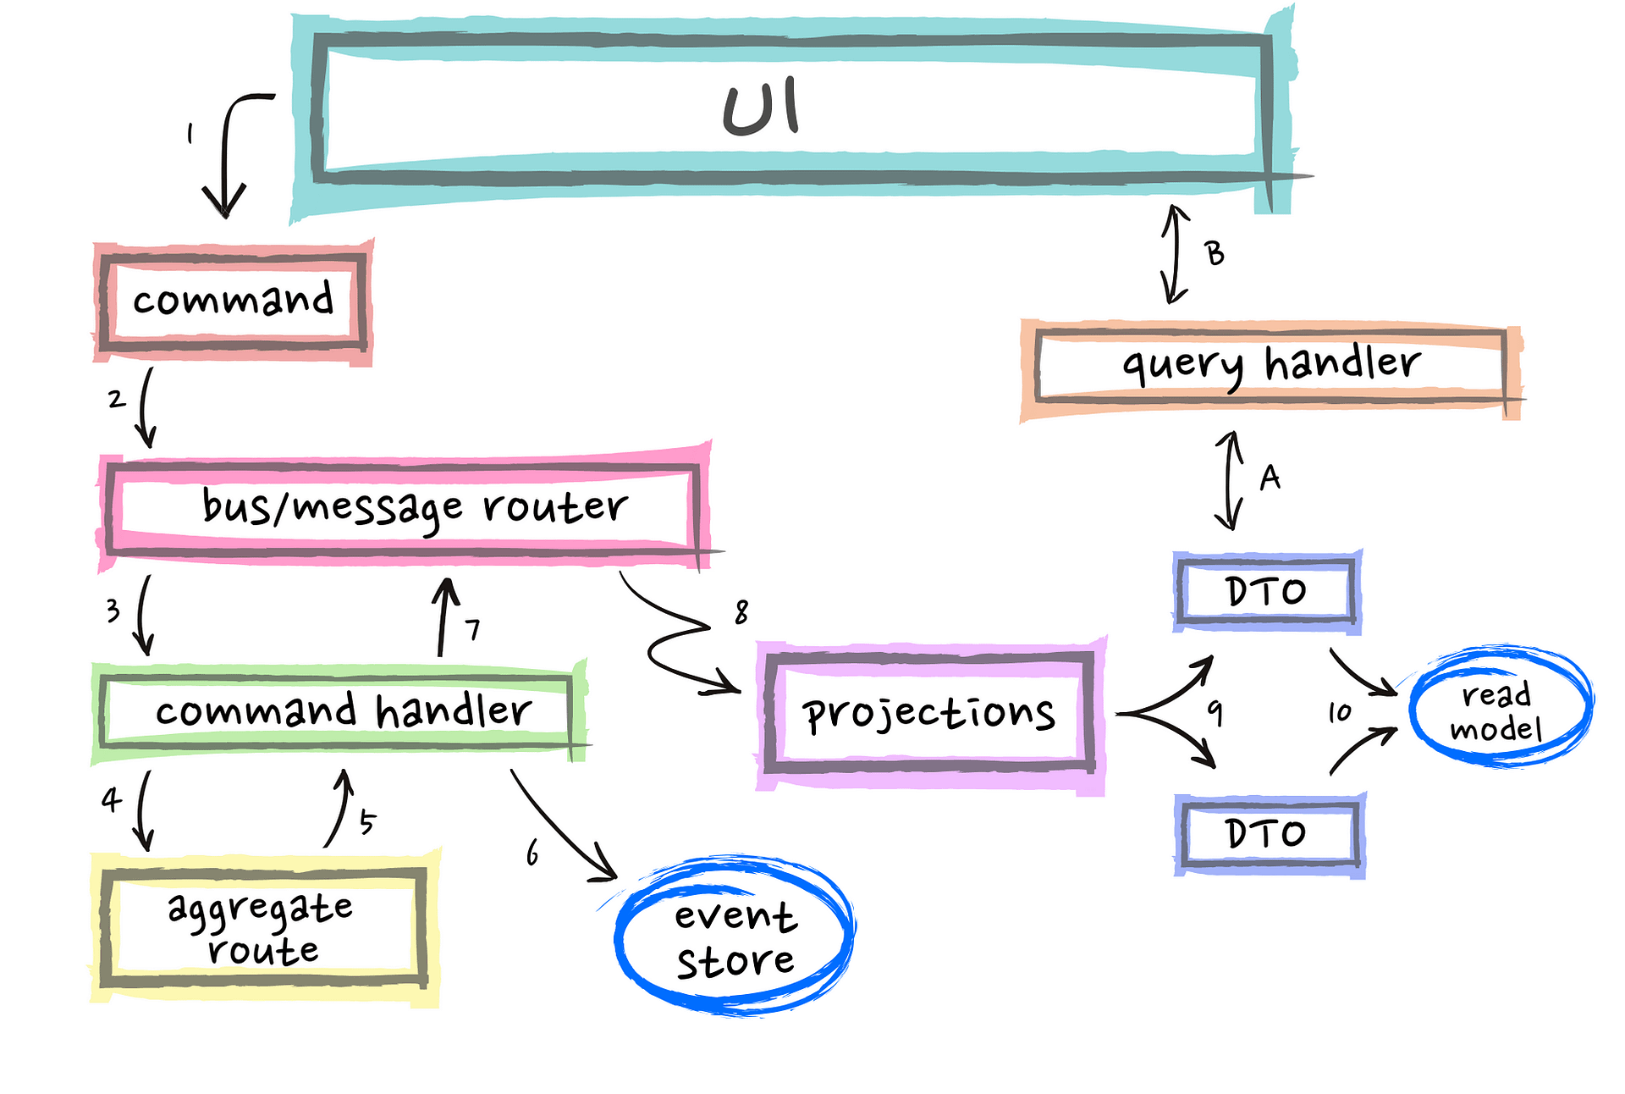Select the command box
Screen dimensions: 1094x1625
(x=233, y=301)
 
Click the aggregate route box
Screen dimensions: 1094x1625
(x=262, y=927)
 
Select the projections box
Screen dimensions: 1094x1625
(x=929, y=713)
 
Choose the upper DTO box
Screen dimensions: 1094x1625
(x=1267, y=591)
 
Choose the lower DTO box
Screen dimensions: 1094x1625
(x=1267, y=834)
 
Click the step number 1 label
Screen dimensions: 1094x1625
(x=190, y=134)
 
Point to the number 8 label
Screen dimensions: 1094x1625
(x=741, y=611)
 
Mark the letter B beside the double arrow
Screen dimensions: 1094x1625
(x=1215, y=253)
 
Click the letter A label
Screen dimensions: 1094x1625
(x=1270, y=478)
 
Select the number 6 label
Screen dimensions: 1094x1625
(x=532, y=853)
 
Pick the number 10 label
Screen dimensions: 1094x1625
(x=1339, y=712)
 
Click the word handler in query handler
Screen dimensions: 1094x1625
(x=1342, y=364)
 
